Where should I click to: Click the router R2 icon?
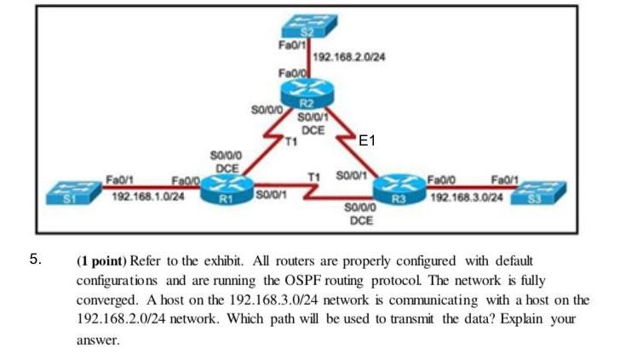[307, 93]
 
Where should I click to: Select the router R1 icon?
[227, 191]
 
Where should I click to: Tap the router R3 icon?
[399, 190]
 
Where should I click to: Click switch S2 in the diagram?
[309, 26]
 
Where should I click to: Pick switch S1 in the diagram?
[74, 193]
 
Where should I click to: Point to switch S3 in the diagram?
[538, 193]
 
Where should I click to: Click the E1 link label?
[367, 140]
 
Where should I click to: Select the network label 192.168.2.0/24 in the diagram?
[349, 57]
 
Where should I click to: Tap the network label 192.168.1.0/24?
[148, 197]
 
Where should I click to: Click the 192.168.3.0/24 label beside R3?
[467, 197]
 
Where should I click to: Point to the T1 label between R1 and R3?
[313, 176]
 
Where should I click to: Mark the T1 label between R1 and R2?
[291, 141]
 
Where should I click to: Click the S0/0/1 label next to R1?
[272, 195]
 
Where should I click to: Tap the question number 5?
[35, 259]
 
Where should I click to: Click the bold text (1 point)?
[101, 261]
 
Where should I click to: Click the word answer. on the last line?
[98, 340]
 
